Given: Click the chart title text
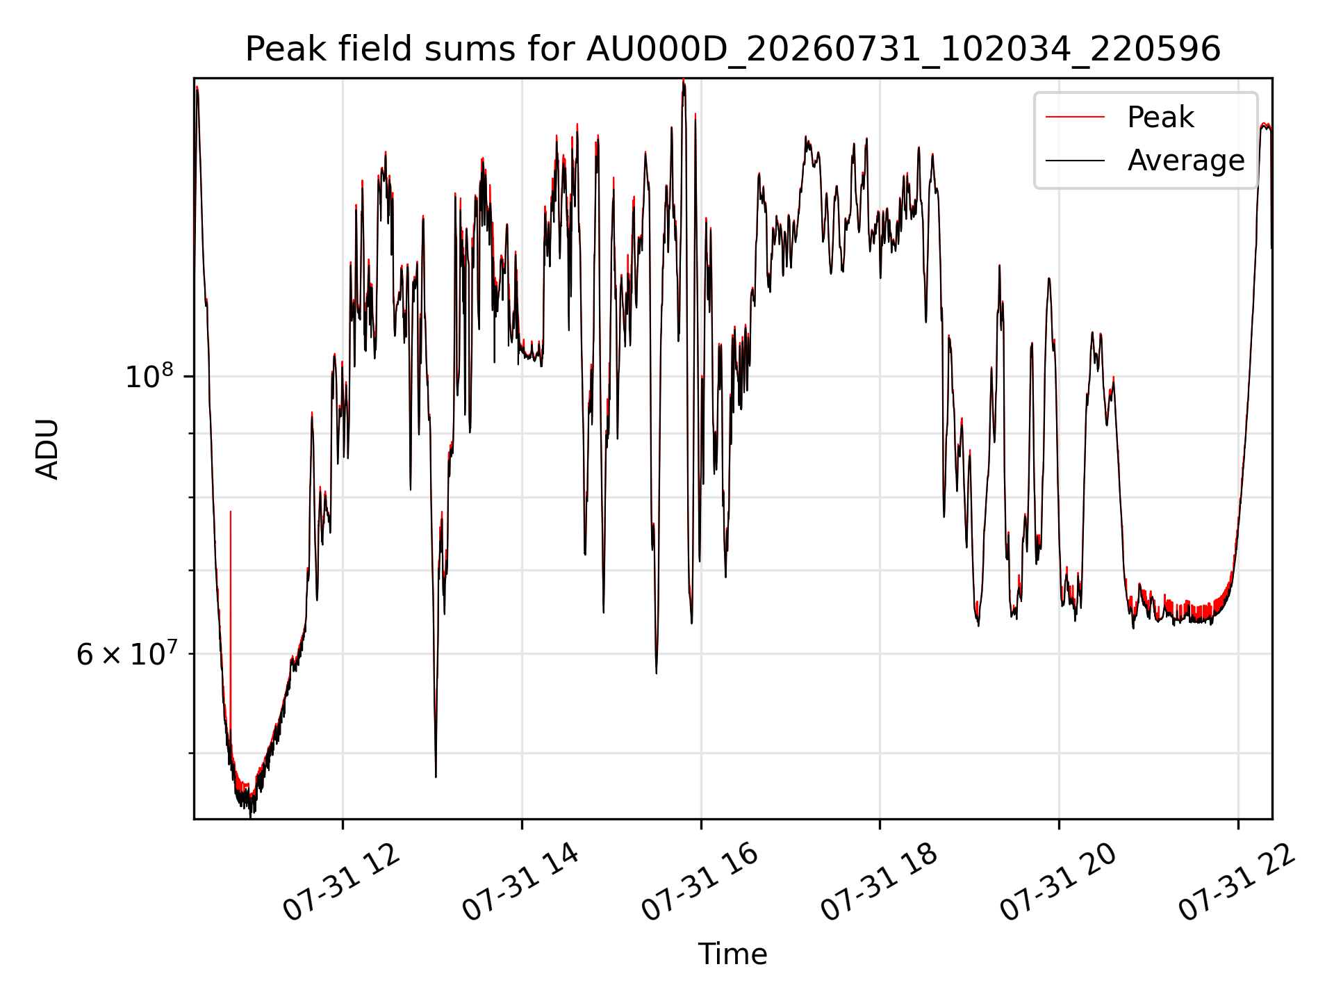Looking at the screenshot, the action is coord(733,49).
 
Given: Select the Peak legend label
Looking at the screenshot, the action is coord(1160,117).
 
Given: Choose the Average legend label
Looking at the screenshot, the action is coord(1186,161).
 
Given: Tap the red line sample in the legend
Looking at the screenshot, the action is coord(1075,117).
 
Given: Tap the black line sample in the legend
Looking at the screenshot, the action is coord(1075,161).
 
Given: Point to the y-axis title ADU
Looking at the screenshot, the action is coord(47,448).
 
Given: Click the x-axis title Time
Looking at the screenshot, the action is coord(732,954).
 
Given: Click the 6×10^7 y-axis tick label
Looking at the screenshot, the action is coord(125,653).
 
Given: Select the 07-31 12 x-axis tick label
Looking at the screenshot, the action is coord(341,882).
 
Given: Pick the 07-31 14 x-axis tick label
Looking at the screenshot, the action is coord(520,882).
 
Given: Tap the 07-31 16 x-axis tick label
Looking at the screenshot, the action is coord(700,882).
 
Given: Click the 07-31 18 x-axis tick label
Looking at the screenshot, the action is coord(879,882).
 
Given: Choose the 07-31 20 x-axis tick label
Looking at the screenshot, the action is coord(1058,882).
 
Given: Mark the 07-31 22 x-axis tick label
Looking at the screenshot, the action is coord(1237,882).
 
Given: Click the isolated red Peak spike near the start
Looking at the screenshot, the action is coord(231,626).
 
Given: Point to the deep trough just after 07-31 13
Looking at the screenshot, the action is coord(436,775).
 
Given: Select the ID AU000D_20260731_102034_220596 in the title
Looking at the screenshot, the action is coord(903,50).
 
